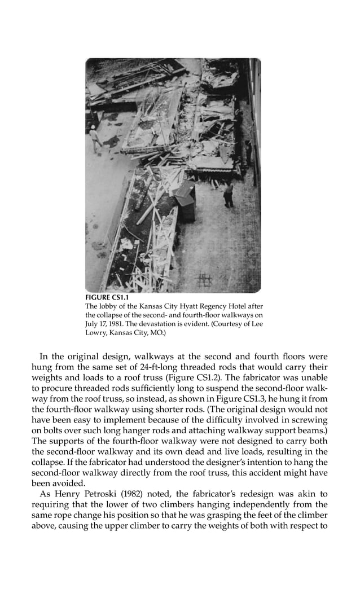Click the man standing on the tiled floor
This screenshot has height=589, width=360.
[x=229, y=195]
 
